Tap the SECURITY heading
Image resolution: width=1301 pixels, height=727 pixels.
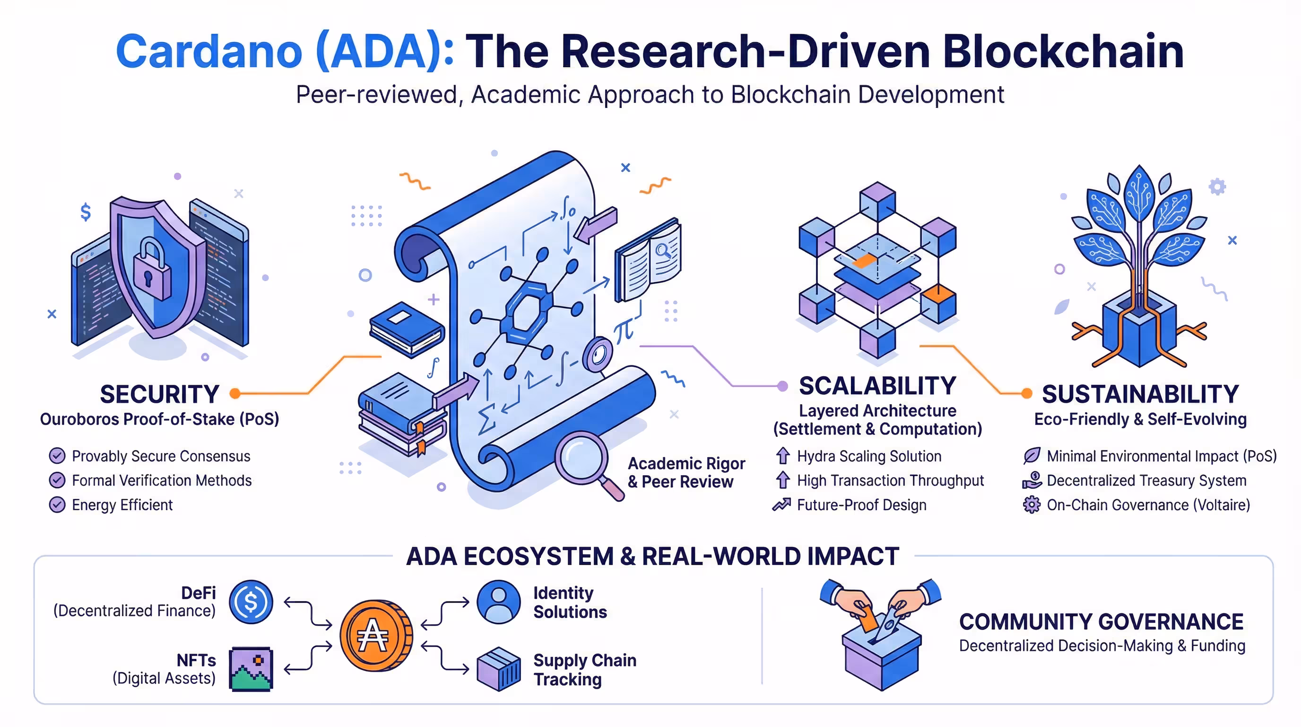tap(160, 394)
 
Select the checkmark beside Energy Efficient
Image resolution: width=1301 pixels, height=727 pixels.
tap(57, 505)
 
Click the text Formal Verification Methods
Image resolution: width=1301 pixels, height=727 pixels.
tap(162, 480)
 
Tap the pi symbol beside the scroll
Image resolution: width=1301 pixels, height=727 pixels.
tap(623, 331)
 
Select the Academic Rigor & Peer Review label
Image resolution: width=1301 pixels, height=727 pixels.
tap(686, 473)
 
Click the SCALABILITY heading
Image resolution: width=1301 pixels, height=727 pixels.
tap(877, 386)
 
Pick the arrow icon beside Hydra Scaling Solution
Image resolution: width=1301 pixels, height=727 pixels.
tap(783, 456)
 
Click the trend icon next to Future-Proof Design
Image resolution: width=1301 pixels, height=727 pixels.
tap(781, 505)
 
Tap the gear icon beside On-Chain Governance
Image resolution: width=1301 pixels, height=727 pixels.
tap(1032, 505)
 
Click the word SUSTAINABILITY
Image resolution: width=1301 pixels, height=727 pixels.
tap(1140, 394)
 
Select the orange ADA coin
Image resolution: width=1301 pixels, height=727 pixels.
tap(375, 636)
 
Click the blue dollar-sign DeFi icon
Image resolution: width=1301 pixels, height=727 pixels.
tap(251, 602)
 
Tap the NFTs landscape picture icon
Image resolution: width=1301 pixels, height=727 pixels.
tap(251, 669)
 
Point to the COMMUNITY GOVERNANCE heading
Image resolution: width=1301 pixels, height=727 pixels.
tap(1101, 622)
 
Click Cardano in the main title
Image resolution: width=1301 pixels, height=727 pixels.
tap(209, 52)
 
